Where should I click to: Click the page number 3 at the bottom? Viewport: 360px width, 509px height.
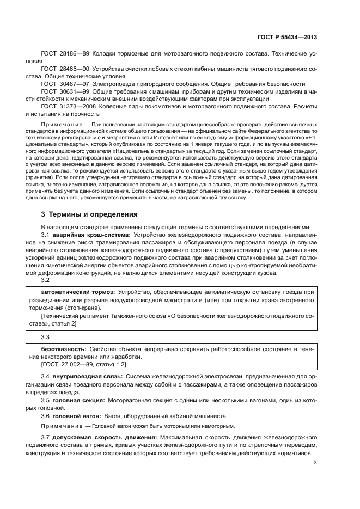315,463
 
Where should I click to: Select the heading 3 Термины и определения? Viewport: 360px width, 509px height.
90,214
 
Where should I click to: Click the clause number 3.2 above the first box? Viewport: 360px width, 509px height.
45,280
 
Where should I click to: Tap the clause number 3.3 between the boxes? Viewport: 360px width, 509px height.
45,336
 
